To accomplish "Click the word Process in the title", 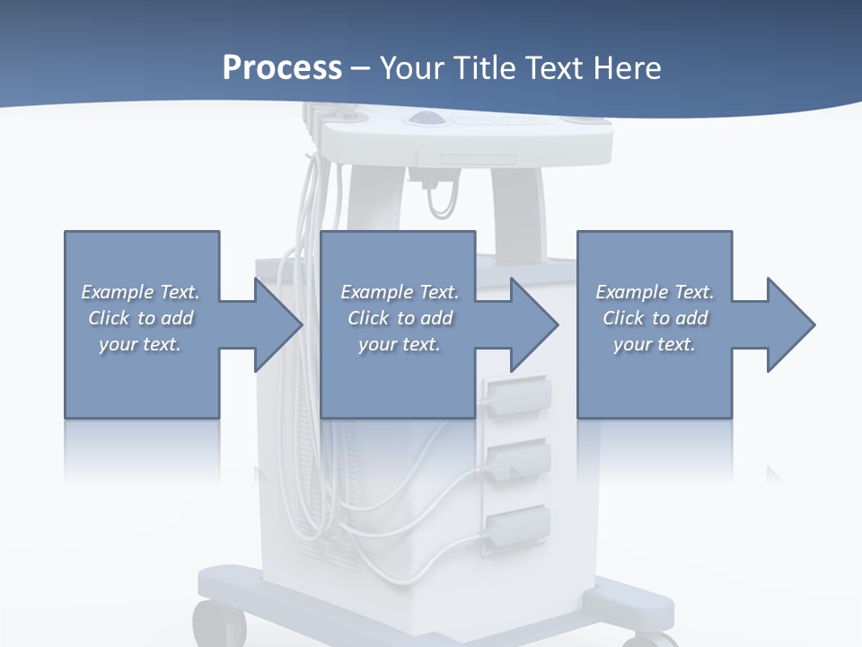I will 282,67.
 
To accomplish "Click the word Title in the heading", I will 485,67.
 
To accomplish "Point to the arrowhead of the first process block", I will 278,324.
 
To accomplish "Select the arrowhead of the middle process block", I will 535,324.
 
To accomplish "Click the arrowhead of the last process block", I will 791,324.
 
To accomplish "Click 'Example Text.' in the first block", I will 140,292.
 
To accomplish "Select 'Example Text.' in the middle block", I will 400,292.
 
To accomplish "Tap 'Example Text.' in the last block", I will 655,292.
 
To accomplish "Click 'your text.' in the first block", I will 140,344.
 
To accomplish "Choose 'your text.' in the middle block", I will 400,344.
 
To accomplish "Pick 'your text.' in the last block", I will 655,344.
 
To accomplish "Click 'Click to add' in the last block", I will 655,318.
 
